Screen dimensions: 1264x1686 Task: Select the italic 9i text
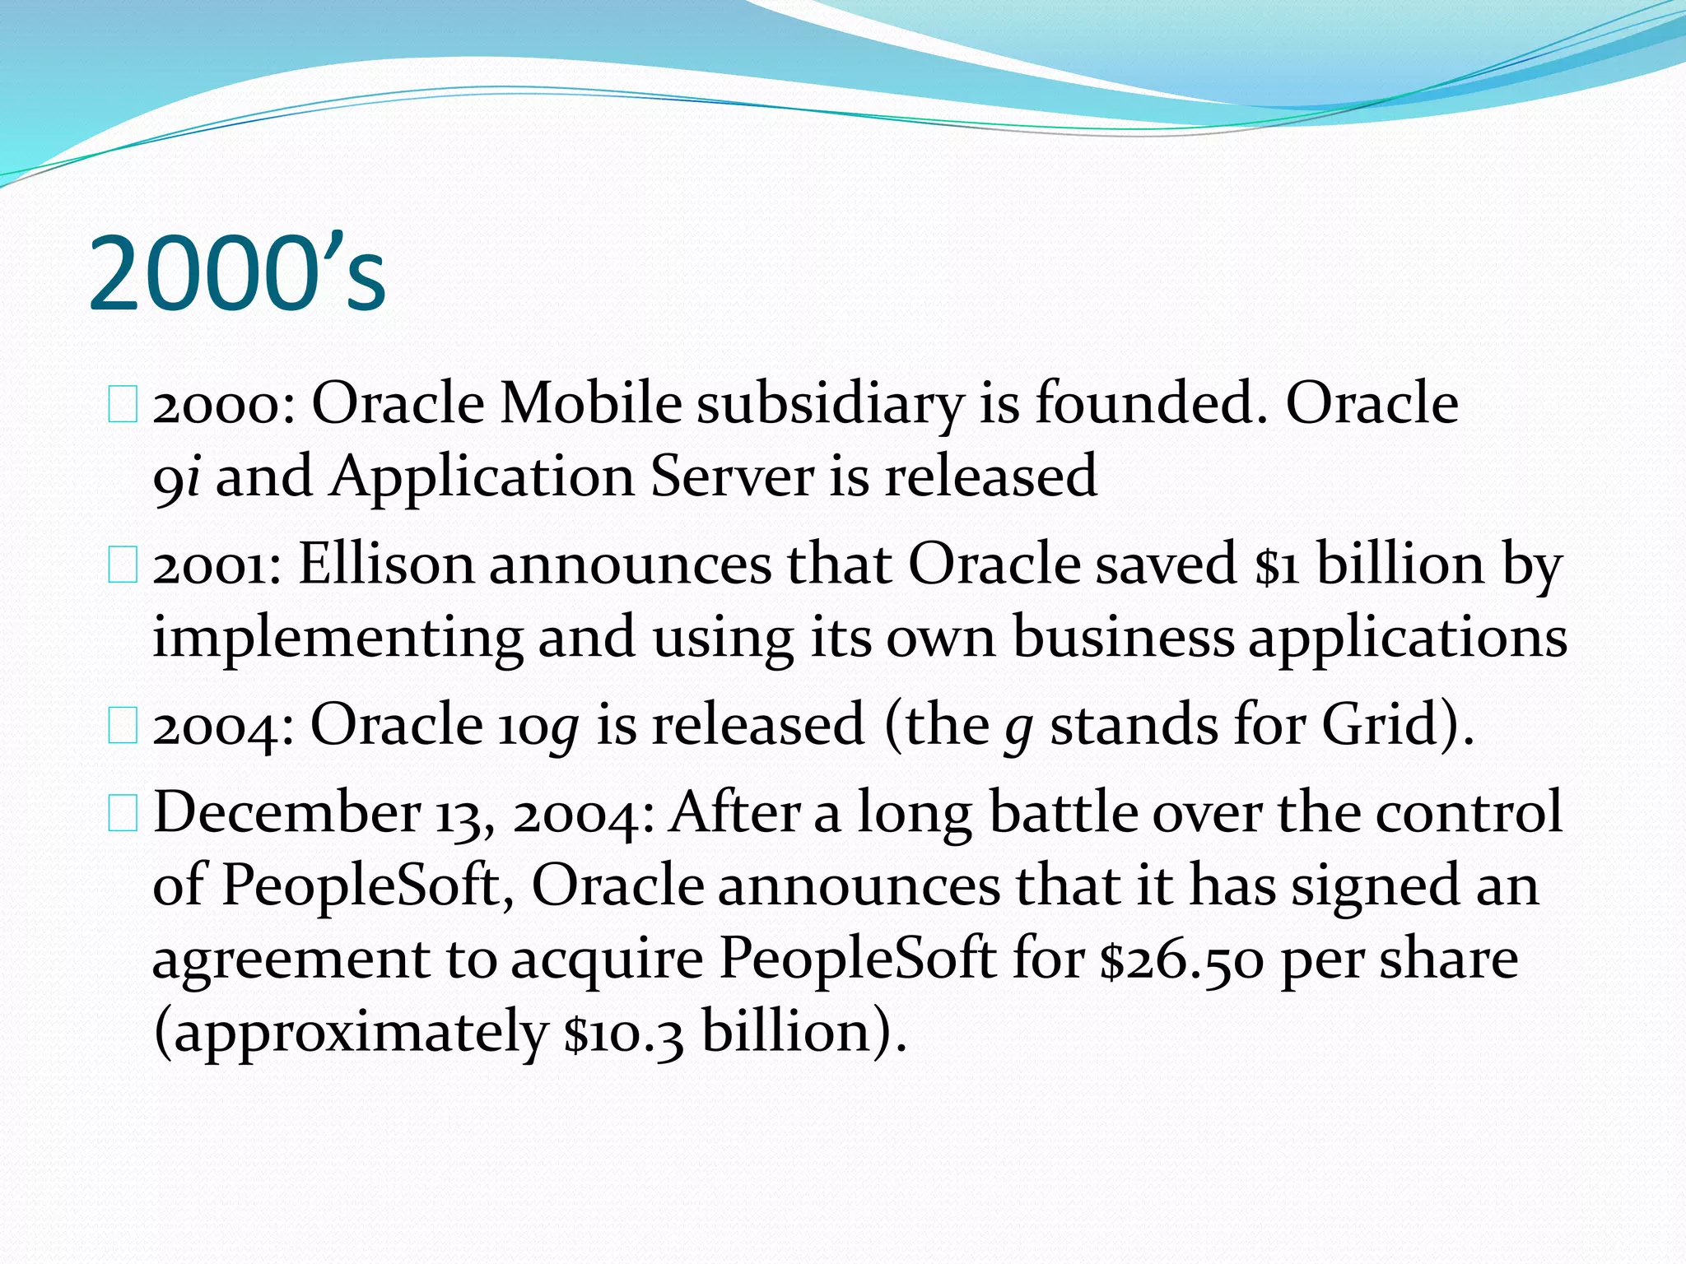click(176, 477)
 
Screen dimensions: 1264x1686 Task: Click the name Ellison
click(386, 565)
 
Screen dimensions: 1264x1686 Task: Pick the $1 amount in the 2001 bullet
click(1277, 566)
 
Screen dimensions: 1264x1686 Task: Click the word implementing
click(338, 639)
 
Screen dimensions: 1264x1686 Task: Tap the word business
click(1123, 637)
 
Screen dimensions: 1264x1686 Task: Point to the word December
click(287, 812)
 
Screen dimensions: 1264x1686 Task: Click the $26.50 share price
click(1181, 960)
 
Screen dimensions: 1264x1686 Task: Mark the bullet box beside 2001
click(123, 566)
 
